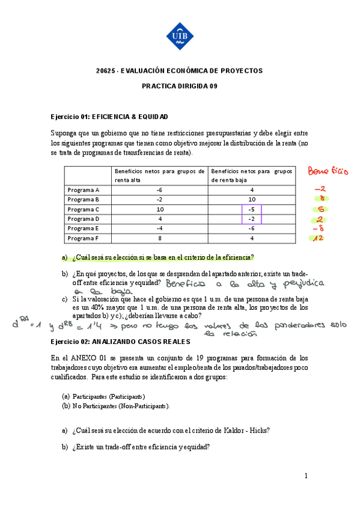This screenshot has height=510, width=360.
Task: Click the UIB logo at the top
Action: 180,35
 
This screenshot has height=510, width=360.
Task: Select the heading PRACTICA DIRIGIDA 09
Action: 180,86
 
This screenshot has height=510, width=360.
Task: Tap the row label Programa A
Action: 84,190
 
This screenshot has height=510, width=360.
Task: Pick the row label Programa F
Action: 84,238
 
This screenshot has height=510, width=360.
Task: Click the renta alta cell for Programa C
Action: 160,209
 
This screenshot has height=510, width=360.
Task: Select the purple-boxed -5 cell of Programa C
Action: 252,209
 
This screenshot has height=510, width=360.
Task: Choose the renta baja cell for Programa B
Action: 252,200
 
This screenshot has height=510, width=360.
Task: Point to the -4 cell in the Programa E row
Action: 160,229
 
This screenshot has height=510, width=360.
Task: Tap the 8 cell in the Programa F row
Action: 160,238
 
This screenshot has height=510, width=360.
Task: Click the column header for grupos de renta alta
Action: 159,175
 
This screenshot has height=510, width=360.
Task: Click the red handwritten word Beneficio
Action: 328,171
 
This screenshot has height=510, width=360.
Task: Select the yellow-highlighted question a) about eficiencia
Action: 162,258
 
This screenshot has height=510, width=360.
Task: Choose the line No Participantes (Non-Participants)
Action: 121,406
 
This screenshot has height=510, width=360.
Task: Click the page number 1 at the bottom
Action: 306,476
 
